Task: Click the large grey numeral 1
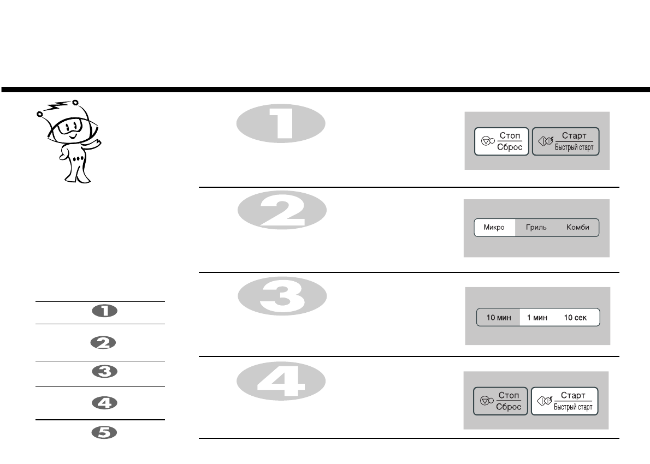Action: pyautogui.click(x=281, y=125)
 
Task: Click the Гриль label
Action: pyautogui.click(x=536, y=228)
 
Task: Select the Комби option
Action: pyautogui.click(x=577, y=228)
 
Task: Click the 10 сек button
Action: pyautogui.click(x=575, y=318)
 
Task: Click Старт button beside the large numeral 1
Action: pyautogui.click(x=566, y=142)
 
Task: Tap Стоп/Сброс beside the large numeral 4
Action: pyautogui.click(x=500, y=402)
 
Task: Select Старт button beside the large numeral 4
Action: pyautogui.click(x=565, y=402)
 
